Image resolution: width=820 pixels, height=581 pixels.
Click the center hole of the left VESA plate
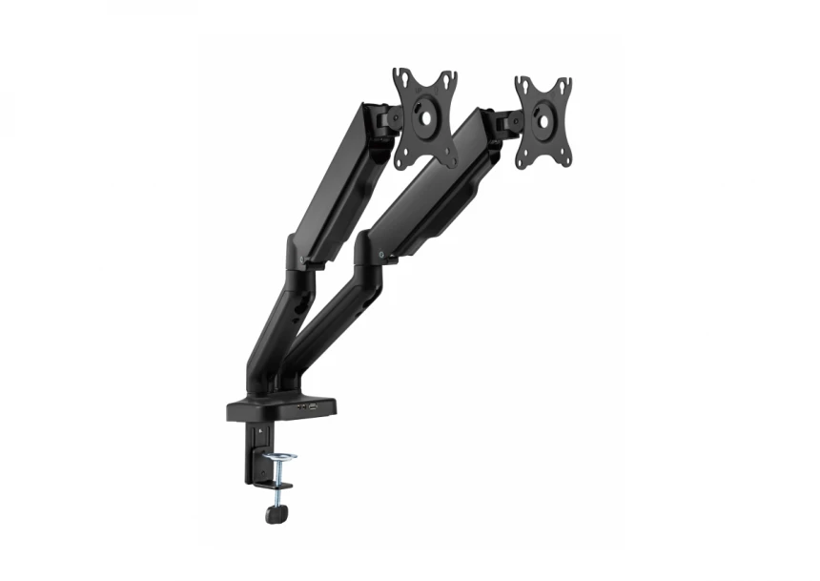coord(424,119)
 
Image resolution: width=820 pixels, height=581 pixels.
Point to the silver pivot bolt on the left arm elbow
coord(302,258)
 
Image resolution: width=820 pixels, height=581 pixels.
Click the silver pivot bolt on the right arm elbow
coord(381,256)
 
